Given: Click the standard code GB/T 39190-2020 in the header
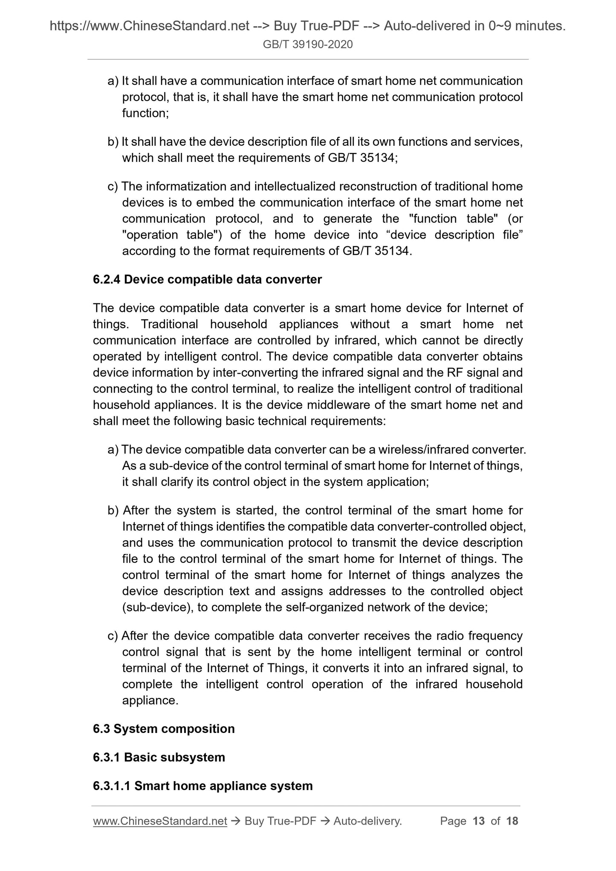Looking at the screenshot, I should [308, 44].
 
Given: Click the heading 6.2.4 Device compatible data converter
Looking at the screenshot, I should [207, 280].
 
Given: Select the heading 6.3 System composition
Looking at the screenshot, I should [164, 729].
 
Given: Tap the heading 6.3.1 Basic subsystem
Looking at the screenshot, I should [159, 757].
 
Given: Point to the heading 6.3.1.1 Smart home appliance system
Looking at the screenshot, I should [203, 786].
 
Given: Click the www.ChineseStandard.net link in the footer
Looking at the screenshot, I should [160, 821].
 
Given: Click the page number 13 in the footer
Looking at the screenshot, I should [479, 821].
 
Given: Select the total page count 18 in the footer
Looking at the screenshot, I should [512, 821].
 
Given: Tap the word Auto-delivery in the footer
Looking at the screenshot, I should [367, 821].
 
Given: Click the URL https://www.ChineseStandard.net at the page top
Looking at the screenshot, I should [150, 26].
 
